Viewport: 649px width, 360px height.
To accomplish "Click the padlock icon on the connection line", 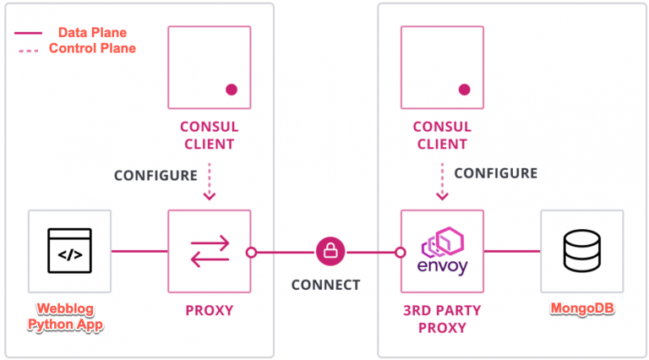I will coord(330,251).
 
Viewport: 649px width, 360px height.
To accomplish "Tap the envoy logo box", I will coord(442,251).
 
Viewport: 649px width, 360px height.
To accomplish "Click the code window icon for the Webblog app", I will coord(68,251).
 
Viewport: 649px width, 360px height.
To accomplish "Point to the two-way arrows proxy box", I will coord(209,251).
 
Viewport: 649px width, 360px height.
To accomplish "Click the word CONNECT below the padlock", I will coord(325,285).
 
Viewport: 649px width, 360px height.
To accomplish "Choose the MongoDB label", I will coord(582,310).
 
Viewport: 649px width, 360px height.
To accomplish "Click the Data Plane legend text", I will coord(92,33).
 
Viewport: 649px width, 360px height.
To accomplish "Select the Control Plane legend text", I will coord(92,48).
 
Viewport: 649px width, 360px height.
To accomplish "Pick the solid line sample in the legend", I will coord(29,33).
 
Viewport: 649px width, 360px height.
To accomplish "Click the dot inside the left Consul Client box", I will coord(231,89).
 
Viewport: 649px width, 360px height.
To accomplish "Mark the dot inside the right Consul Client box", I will coord(464,89).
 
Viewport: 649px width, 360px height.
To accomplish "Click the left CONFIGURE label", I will coord(155,176).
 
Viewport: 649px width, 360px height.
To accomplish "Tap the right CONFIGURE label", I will coord(495,173).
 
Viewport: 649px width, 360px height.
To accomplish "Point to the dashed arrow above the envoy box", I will coord(442,182).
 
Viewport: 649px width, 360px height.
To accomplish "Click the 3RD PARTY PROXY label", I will coord(442,319).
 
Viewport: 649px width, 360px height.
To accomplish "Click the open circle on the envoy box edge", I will coord(401,251).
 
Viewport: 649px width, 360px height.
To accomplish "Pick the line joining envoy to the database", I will coord(511,251).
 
